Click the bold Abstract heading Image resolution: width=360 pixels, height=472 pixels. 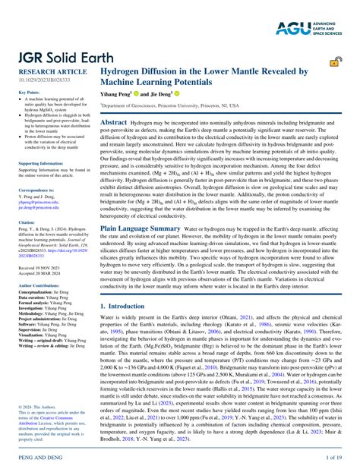click(114, 122)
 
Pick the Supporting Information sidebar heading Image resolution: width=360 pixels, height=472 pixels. click(41, 163)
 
